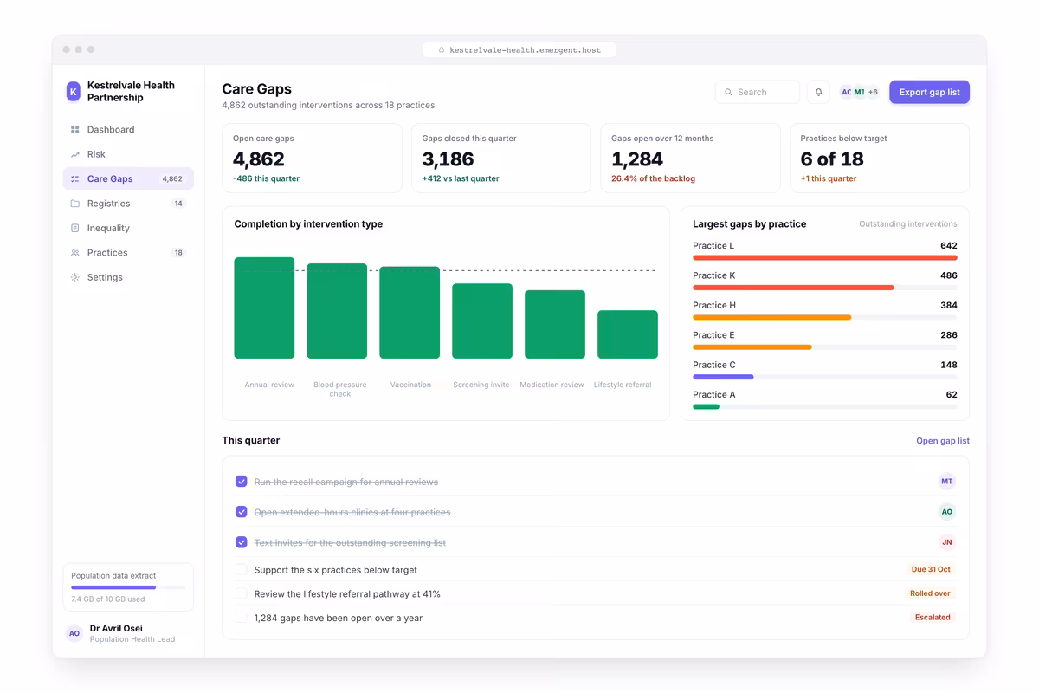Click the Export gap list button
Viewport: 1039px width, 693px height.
click(929, 92)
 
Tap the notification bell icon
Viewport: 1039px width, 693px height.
click(818, 92)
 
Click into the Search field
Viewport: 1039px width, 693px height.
click(757, 92)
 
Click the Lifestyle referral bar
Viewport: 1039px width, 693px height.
click(627, 334)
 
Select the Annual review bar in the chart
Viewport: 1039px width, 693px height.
click(264, 308)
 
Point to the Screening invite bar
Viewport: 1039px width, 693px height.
click(482, 321)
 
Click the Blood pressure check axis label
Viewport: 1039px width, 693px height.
click(340, 389)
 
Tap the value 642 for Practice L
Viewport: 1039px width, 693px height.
click(949, 245)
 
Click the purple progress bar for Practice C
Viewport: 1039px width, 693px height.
click(723, 377)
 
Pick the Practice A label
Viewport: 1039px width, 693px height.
click(713, 394)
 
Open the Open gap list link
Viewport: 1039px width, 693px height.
click(943, 441)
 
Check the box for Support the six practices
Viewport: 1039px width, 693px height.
click(242, 569)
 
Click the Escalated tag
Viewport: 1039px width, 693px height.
click(933, 617)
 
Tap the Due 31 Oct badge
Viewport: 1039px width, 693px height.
click(931, 569)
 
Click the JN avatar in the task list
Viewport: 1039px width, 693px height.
click(946, 542)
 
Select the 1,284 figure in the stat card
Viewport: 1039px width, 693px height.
click(637, 159)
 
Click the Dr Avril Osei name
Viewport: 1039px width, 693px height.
click(116, 628)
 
